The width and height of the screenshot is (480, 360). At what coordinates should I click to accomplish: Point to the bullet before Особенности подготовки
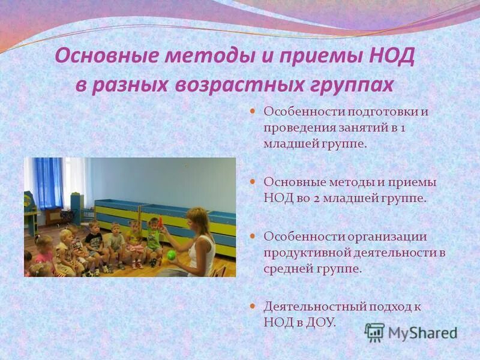click(253, 111)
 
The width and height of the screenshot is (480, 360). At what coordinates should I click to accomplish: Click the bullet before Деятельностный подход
click(253, 306)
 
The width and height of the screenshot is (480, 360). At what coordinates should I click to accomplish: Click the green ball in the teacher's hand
click(172, 254)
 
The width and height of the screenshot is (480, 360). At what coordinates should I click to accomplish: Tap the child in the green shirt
click(154, 239)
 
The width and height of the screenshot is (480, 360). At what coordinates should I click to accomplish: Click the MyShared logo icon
click(375, 332)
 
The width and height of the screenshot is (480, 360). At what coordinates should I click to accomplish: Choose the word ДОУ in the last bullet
click(316, 322)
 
